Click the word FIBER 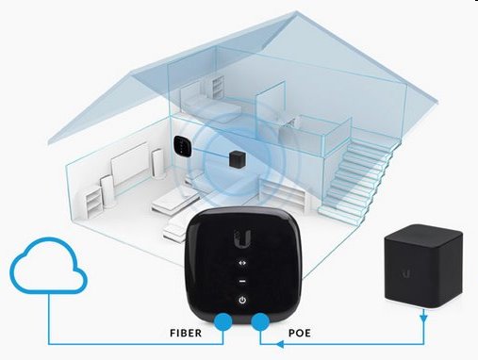pos(186,333)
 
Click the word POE pos(300,333)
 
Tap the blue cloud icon pos(49,266)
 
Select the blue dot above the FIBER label pos(223,321)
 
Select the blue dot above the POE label pos(260,321)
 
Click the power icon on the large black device pos(242,301)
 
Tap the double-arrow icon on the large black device pos(242,263)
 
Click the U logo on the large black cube pos(406,274)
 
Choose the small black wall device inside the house pos(183,145)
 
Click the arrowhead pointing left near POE pos(280,345)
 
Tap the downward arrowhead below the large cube pos(423,319)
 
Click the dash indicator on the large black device pos(242,281)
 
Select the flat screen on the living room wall pos(130,163)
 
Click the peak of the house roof pos(296,12)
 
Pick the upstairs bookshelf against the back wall pos(218,88)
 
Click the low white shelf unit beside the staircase pos(281,191)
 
